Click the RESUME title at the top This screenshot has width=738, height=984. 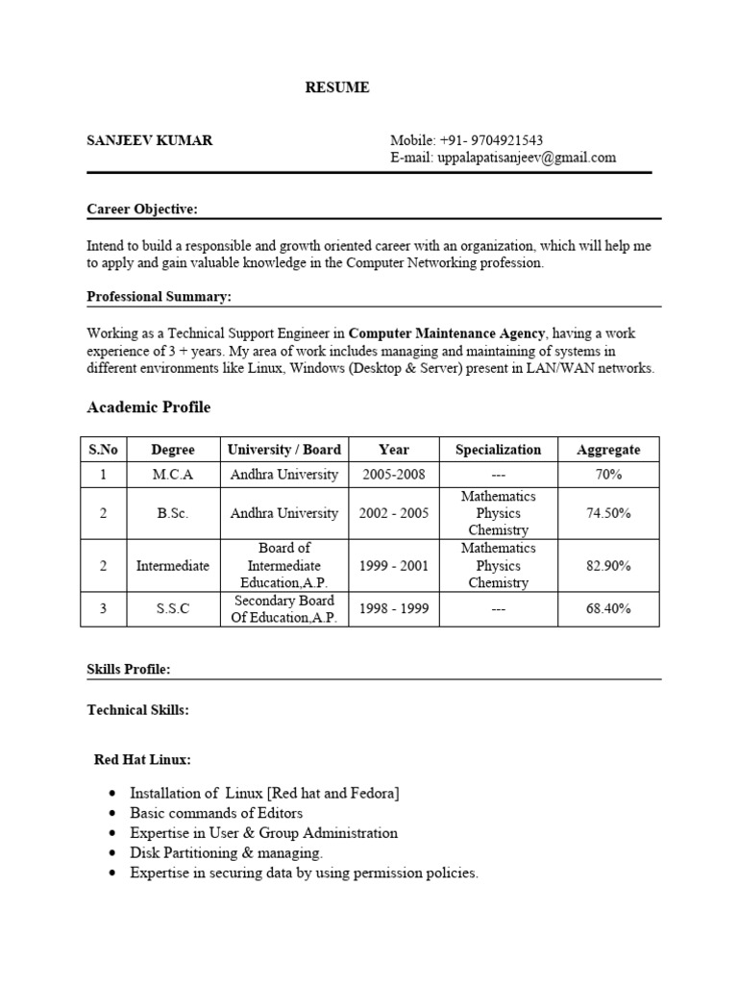point(336,87)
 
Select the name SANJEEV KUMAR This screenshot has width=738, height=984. point(150,140)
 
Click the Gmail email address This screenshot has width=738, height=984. point(526,158)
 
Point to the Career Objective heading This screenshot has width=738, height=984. point(142,209)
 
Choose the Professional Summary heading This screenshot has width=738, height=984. point(159,297)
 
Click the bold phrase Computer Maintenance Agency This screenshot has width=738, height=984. point(447,333)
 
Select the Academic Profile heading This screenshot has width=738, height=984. point(148,407)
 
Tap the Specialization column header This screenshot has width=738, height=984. point(498,449)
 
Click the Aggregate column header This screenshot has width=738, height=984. point(607,449)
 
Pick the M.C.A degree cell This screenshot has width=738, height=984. point(173,474)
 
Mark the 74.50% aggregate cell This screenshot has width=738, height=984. point(607,513)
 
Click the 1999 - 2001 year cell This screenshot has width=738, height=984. point(393,566)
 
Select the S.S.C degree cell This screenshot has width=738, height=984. point(173,609)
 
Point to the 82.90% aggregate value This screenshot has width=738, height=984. point(607,566)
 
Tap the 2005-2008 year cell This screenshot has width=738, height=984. point(393,474)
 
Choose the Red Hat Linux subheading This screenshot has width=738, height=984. point(142,759)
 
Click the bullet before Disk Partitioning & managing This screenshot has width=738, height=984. point(114,853)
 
